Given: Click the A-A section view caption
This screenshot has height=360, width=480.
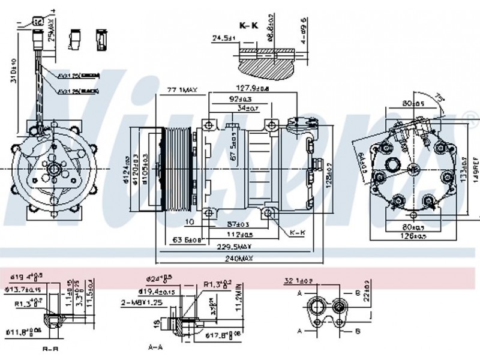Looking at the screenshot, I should (x=155, y=347).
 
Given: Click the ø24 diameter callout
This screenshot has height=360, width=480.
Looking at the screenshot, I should (x=159, y=279).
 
